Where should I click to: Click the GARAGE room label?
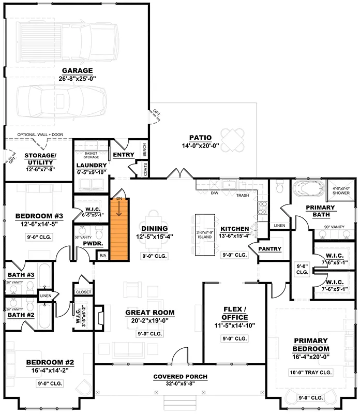tap(77, 71)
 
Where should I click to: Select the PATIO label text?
tap(200, 138)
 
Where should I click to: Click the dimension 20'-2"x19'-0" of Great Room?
tap(149, 321)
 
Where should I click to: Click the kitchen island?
tap(205, 235)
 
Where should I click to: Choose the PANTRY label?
tap(269, 249)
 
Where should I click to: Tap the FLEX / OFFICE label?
tap(234, 313)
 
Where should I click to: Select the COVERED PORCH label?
tap(180, 376)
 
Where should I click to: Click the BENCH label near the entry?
tap(144, 151)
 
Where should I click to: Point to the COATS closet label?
tap(145, 170)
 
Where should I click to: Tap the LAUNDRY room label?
tap(92, 165)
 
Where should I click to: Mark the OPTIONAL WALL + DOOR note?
tap(40, 135)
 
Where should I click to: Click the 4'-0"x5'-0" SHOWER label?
tap(340, 190)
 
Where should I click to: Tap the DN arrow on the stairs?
tap(119, 207)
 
